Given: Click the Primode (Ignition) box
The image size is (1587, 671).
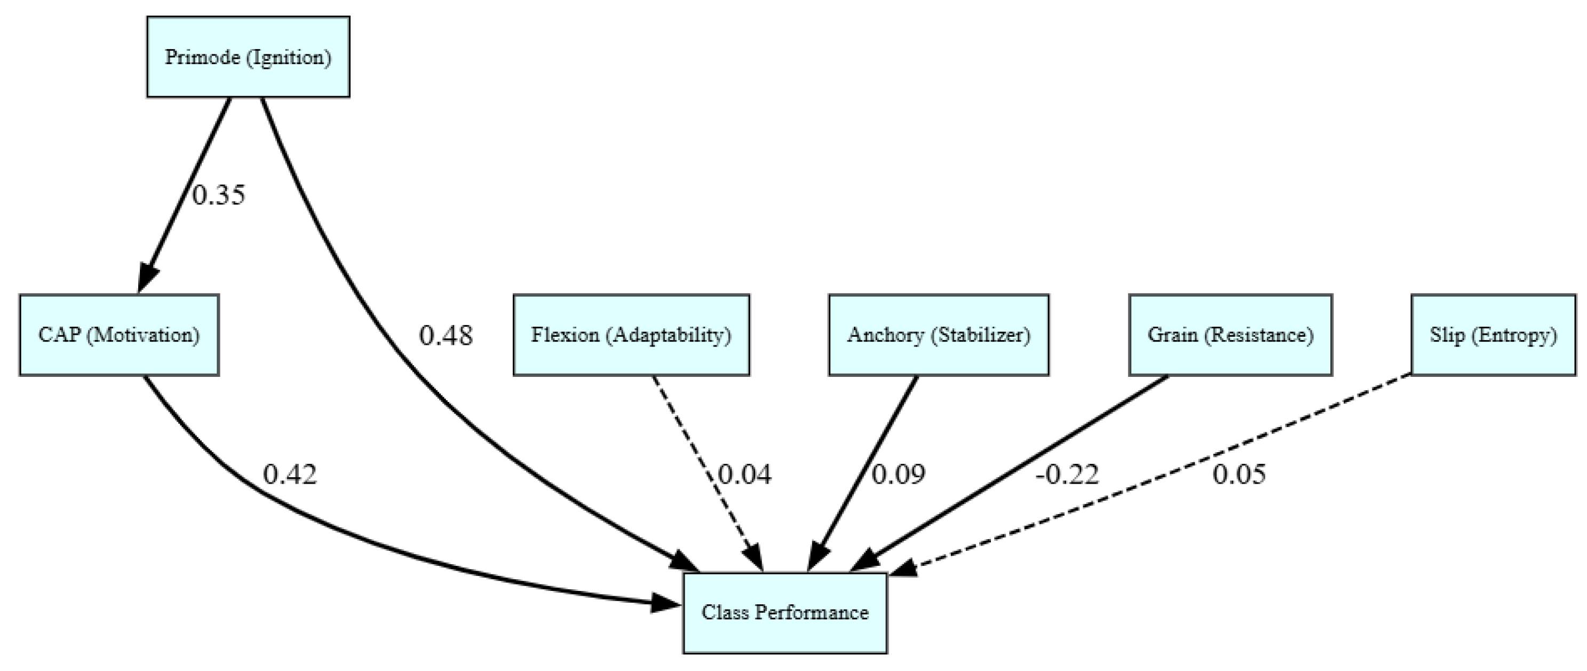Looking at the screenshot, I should (248, 57).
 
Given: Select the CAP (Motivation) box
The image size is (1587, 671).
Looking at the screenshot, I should (119, 335).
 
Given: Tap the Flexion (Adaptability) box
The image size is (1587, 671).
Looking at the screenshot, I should (631, 335).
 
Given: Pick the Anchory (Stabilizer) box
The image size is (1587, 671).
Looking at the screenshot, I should (938, 335).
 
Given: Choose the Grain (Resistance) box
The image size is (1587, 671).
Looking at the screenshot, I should (1231, 335).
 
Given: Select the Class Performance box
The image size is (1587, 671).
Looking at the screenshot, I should (785, 612).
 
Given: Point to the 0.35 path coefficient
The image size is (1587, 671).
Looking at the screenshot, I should (219, 195).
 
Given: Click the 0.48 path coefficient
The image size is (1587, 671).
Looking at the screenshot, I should (446, 336).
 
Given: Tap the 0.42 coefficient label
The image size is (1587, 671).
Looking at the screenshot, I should (290, 475).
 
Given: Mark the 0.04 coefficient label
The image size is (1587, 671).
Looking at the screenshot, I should (745, 475).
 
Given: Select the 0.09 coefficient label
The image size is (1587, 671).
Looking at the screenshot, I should (898, 475).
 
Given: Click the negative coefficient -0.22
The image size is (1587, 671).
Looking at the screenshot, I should (1067, 475).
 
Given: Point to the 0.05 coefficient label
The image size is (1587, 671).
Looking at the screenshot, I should (1239, 475).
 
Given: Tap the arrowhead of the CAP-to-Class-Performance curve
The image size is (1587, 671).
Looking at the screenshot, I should (666, 604).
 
